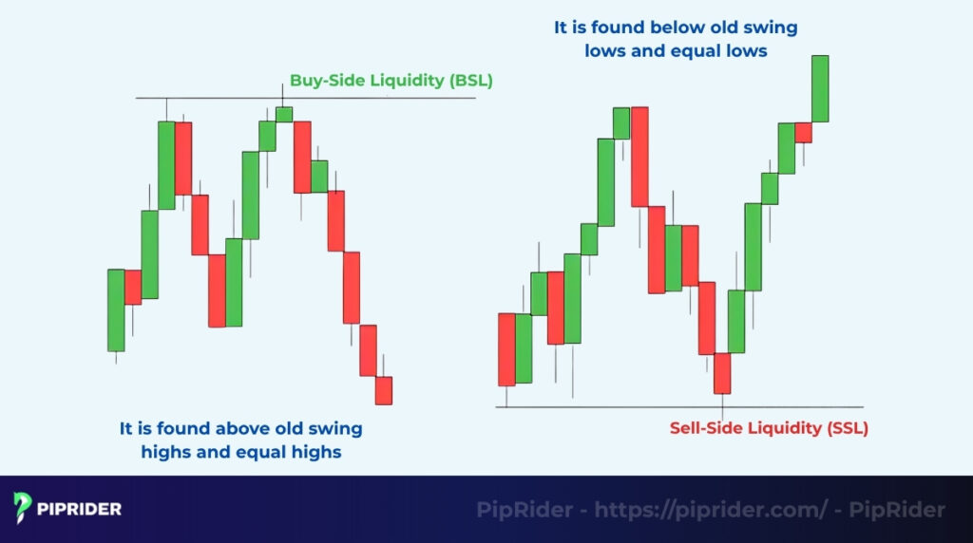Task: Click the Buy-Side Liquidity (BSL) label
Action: [x=391, y=81]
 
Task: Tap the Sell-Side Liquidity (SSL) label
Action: [x=768, y=428]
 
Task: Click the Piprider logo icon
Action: [x=23, y=509]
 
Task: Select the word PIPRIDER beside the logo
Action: [x=80, y=510]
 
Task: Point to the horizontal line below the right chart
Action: [x=608, y=407]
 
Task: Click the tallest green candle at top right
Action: [x=819, y=88]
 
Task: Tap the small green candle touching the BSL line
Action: [x=283, y=114]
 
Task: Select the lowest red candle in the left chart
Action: [x=383, y=390]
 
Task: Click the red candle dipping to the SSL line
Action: [x=722, y=373]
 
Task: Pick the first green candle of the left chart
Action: [x=116, y=309]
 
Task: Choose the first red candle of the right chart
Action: [x=506, y=348]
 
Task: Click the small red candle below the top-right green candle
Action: [x=803, y=132]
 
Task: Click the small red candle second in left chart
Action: [x=132, y=287]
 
